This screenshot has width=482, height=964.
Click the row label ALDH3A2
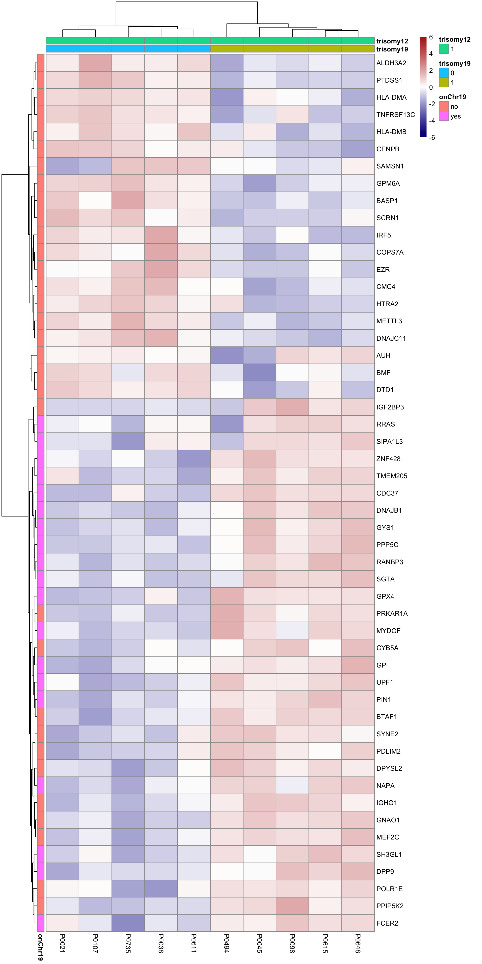pyautogui.click(x=391, y=63)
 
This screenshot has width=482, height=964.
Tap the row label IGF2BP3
pyautogui.click(x=390, y=407)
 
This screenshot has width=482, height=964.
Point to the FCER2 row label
pyautogui.click(x=387, y=923)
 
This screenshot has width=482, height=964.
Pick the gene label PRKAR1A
pyautogui.click(x=392, y=613)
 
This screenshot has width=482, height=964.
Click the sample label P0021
pyautogui.click(x=63, y=943)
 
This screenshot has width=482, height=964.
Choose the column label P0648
pyautogui.click(x=358, y=943)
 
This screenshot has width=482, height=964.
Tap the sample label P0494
pyautogui.click(x=227, y=943)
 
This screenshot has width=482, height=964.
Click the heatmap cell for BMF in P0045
pyautogui.click(x=260, y=373)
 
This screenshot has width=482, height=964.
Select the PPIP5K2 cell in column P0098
pyautogui.click(x=292, y=906)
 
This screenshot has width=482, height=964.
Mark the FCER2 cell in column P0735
pyautogui.click(x=128, y=923)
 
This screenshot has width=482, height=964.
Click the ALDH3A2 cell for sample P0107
pyautogui.click(x=95, y=63)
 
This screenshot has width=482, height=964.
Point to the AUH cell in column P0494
pyautogui.click(x=227, y=355)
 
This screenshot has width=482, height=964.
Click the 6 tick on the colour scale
pyautogui.click(x=431, y=37)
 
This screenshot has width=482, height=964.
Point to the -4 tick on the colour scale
pyautogui.click(x=432, y=121)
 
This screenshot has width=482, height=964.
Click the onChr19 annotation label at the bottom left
pyautogui.click(x=40, y=947)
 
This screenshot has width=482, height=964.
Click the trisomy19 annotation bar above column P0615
pyautogui.click(x=325, y=49)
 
